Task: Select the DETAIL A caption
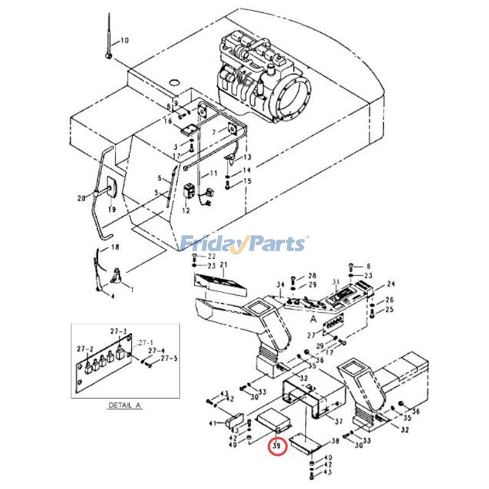125,405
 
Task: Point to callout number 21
223,264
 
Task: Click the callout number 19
111,209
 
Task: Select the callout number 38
334,440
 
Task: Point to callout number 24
391,284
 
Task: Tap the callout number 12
186,210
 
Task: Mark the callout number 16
167,121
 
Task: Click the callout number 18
114,248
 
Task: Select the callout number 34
281,285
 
